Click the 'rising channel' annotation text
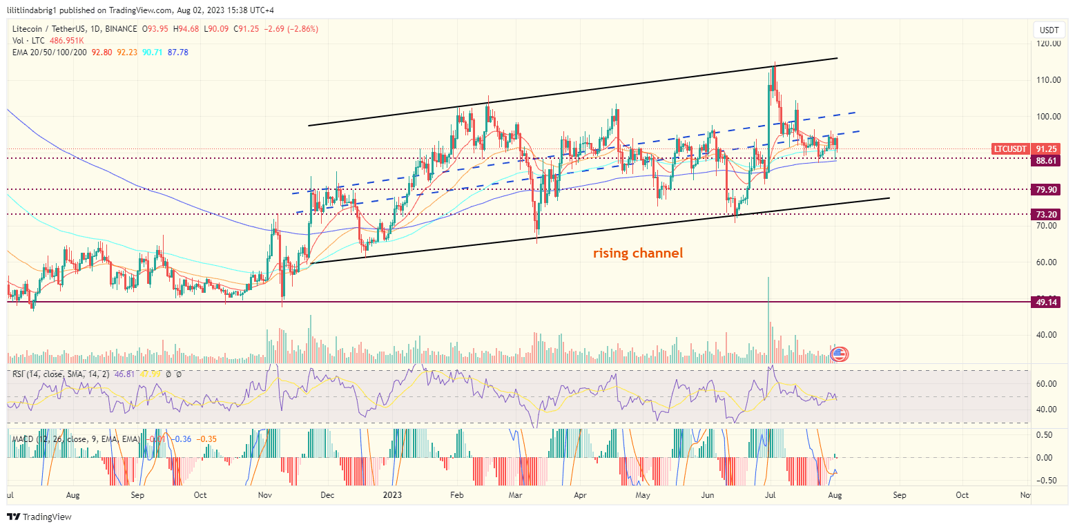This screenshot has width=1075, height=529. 638,253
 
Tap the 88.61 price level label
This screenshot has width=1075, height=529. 1044,160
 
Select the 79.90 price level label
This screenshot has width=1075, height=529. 1044,189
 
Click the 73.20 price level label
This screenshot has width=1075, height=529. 1044,215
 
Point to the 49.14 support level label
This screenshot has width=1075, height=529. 1044,302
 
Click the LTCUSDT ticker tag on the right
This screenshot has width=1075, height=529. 1010,148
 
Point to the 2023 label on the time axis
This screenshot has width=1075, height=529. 392,495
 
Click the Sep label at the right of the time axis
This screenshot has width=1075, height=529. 899,495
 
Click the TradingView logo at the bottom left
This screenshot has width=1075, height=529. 40,517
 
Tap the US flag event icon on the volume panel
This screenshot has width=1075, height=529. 840,354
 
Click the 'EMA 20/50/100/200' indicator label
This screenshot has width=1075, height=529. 48,52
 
